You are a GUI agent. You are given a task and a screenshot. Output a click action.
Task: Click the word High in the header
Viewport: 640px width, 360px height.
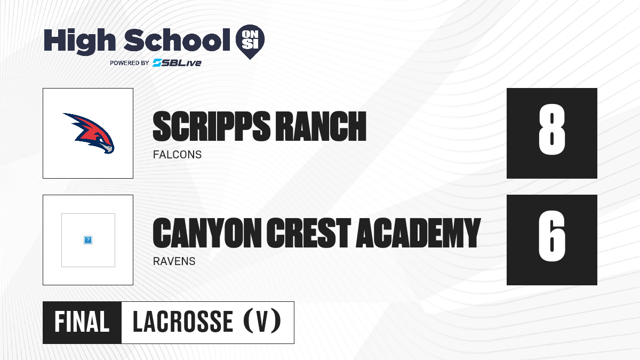(79, 41)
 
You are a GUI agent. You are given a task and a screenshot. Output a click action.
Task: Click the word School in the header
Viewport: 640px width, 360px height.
(177, 39)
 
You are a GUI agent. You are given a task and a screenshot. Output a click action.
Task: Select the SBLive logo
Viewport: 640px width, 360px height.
(177, 62)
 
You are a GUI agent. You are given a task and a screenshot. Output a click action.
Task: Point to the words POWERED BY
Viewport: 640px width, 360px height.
(130, 63)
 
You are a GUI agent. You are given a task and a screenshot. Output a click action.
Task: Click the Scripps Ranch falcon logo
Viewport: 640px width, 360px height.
(89, 133)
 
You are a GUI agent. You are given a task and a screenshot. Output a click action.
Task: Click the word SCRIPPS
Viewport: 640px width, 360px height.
(212, 126)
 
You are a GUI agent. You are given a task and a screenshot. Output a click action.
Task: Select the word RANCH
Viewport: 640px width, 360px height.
(322, 126)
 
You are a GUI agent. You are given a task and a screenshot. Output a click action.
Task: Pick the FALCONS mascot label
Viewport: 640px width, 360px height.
(177, 155)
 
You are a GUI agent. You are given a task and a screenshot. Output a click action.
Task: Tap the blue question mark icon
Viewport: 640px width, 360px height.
(88, 240)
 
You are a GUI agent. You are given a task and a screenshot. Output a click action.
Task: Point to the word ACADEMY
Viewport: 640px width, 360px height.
(418, 233)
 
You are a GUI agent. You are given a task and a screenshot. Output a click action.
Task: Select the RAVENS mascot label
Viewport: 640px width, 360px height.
(174, 261)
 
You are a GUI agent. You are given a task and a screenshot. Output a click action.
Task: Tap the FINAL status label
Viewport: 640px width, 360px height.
(82, 322)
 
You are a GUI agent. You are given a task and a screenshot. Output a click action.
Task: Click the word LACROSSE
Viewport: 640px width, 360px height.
(183, 322)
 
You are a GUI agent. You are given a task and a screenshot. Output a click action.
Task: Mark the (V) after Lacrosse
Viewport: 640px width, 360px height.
(262, 321)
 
